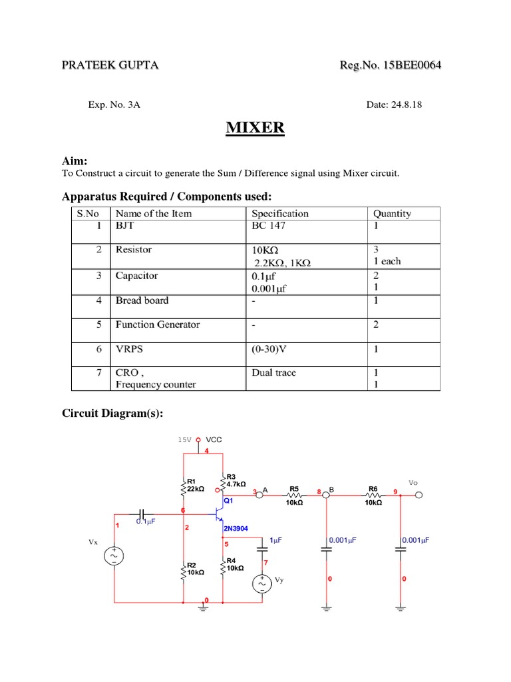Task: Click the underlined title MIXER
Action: (255, 127)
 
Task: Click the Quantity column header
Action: (392, 214)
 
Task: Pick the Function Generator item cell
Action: (158, 325)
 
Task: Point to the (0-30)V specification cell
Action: (273, 348)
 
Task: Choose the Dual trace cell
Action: (273, 373)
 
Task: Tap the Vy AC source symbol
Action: (261, 584)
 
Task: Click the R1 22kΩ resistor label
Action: (196, 485)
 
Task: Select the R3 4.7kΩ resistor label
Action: (236, 481)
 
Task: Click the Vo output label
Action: (413, 482)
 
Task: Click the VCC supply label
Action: (214, 440)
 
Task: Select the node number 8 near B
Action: (319, 492)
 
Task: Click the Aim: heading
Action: (75, 161)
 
